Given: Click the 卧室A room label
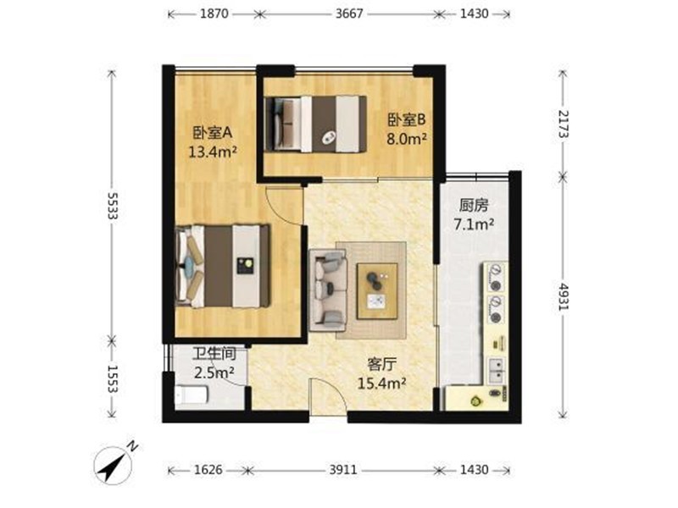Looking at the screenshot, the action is click(213, 133).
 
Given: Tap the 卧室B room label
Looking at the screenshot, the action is click(407, 119).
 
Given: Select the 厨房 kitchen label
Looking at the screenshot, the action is click(474, 205).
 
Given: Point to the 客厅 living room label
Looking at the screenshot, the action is click(381, 365).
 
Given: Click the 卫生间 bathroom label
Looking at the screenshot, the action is click(214, 354).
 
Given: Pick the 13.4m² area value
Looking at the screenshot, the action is click(213, 152).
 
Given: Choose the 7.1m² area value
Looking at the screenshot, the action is click(474, 224).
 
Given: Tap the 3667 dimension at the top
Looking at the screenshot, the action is click(349, 14).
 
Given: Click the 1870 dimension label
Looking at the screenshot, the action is click(214, 14).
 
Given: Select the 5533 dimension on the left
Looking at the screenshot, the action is click(113, 206).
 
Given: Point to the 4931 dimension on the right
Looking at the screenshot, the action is click(563, 297).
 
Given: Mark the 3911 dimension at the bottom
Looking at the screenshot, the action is click(343, 470).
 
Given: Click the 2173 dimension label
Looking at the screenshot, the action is click(563, 124).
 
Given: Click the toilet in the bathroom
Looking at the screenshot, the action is click(192, 395).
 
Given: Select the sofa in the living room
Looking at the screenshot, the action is click(328, 290).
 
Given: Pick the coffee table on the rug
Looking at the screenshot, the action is click(377, 291).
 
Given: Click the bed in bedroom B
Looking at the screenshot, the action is click(315, 124).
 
